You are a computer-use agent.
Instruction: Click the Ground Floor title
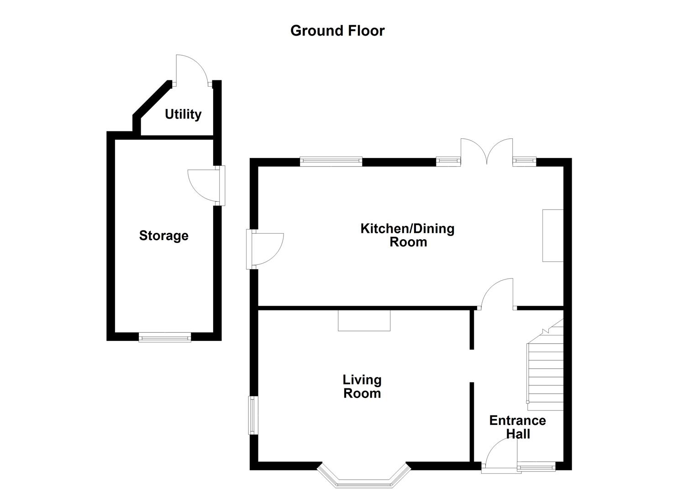[x=337, y=31]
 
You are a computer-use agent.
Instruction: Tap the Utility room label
[x=183, y=114]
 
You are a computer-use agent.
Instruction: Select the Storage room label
[x=163, y=236]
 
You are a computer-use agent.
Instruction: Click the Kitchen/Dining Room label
[x=407, y=235]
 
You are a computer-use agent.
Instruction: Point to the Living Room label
[x=362, y=386]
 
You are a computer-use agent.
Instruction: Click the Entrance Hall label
[x=517, y=427]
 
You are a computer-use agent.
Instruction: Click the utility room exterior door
[x=192, y=71]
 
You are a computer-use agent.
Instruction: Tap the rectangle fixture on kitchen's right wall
[x=552, y=235]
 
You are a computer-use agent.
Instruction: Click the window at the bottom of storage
[x=164, y=337]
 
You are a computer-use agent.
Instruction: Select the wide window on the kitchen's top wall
[x=331, y=162]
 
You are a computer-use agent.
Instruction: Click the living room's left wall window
[x=251, y=415]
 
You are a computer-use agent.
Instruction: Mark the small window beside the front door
[x=536, y=467]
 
